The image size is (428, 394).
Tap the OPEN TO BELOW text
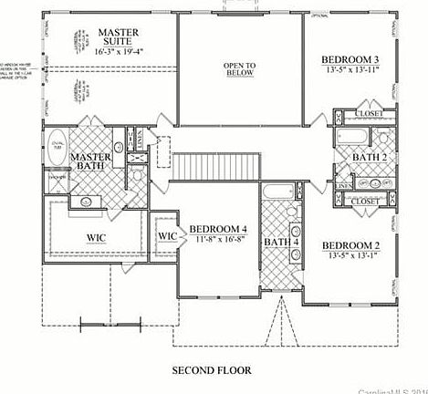(238, 71)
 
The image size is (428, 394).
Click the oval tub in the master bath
(57, 147)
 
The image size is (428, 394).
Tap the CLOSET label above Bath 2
(368, 114)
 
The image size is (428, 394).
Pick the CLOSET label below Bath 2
(365, 201)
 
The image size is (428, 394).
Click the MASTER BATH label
(91, 162)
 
